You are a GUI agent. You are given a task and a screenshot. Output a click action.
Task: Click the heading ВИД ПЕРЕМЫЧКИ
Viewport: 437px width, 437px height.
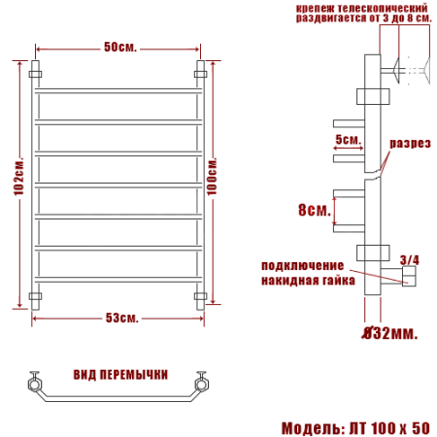coord(120,375)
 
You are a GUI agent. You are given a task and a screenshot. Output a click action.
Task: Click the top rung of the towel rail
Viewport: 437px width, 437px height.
coord(118,94)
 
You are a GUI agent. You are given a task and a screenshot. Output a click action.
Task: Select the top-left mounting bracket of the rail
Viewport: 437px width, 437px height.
coord(37,72)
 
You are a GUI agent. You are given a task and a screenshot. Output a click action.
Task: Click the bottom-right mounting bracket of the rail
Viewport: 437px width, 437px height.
coord(201,295)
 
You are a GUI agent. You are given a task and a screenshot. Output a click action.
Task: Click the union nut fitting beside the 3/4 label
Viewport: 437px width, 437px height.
coord(409,280)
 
